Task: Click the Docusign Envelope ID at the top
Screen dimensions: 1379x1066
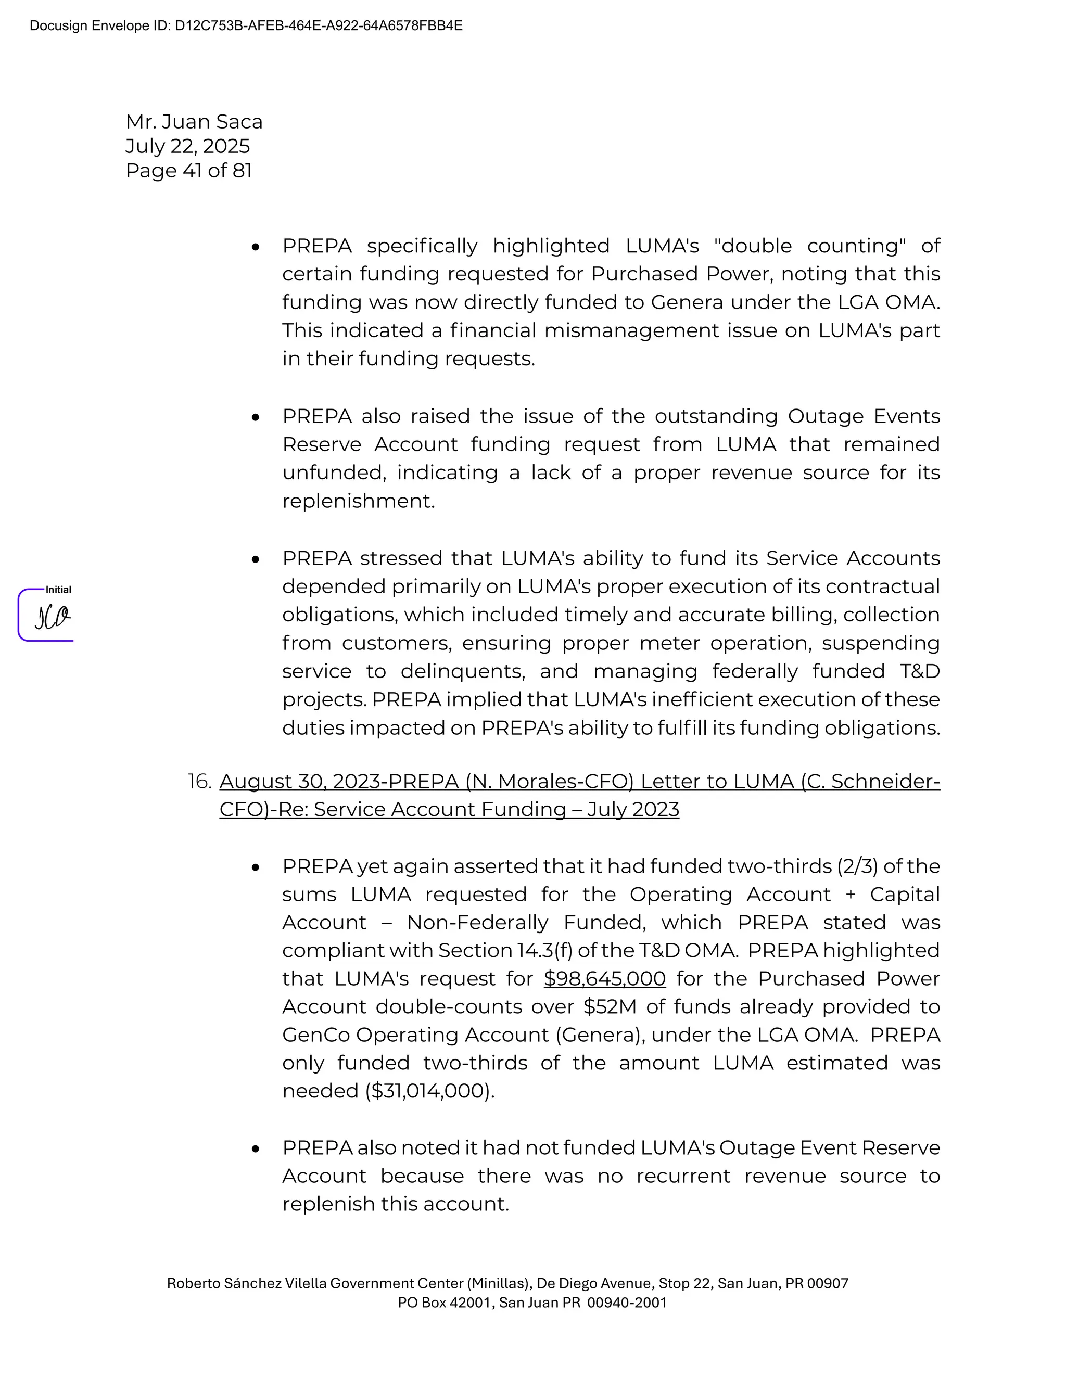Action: point(246,26)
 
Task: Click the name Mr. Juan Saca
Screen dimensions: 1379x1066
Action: point(194,121)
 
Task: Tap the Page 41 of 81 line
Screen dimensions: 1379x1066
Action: point(189,171)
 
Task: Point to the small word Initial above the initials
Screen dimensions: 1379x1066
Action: point(58,590)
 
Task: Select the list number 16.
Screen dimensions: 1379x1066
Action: point(199,782)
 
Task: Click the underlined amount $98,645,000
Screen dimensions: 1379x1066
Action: point(604,978)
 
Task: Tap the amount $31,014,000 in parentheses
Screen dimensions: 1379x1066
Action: point(429,1091)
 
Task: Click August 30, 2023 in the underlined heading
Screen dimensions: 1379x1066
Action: point(299,782)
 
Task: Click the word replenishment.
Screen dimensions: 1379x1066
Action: point(358,501)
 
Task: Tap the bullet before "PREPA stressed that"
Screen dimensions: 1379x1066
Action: point(255,559)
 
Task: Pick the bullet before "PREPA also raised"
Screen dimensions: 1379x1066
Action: point(255,417)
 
